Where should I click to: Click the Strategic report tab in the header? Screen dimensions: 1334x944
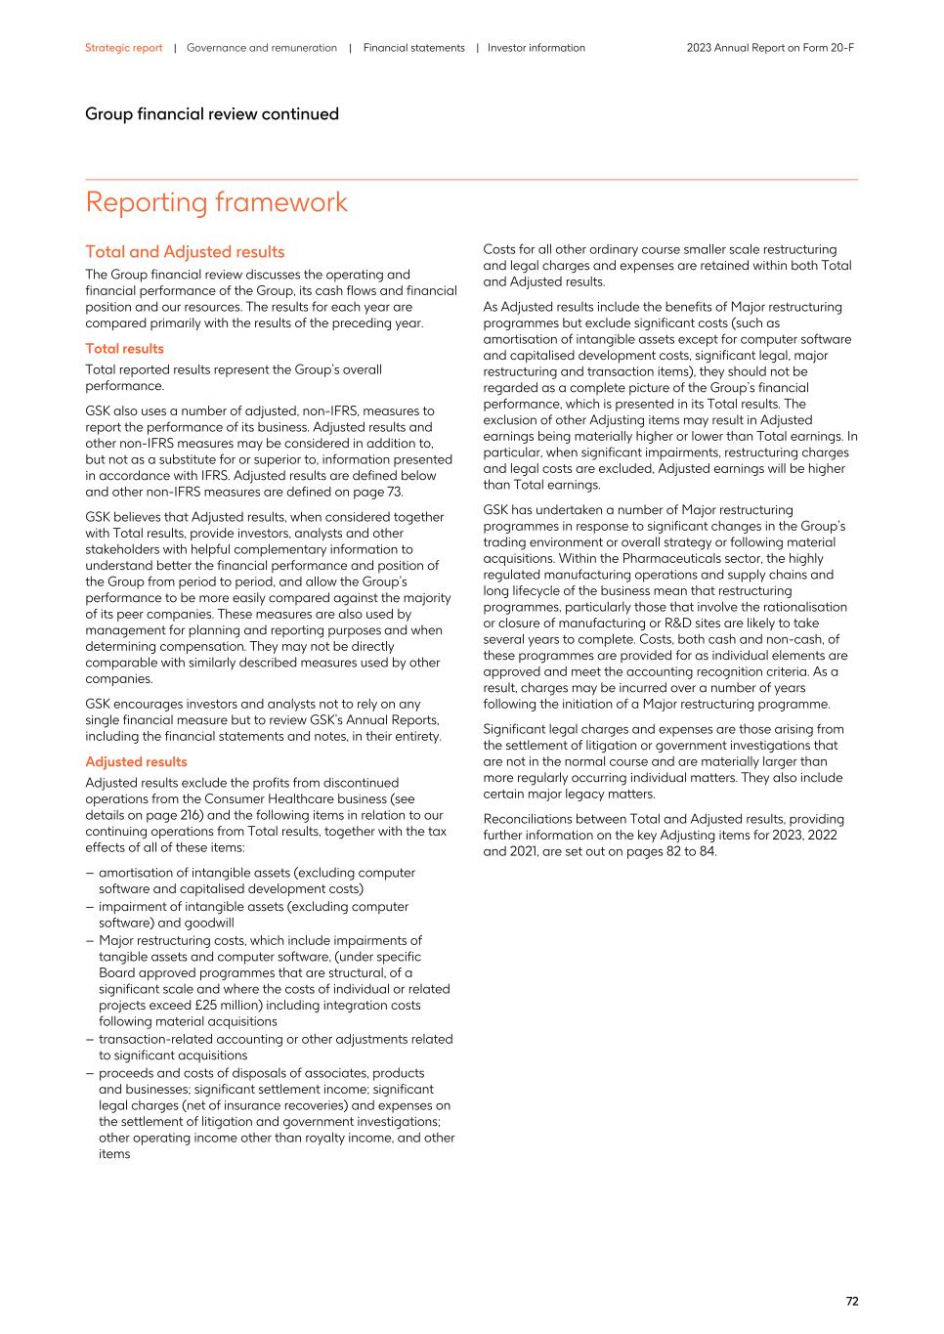coord(123,48)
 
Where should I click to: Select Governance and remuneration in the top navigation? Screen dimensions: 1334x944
coord(261,48)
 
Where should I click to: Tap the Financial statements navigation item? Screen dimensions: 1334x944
coord(413,48)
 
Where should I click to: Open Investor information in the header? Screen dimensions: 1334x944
coord(536,48)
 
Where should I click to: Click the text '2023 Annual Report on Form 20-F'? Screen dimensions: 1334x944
coord(770,48)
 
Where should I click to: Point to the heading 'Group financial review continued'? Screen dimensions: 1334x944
coord(211,114)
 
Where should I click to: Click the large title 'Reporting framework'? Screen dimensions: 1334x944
coord(216,202)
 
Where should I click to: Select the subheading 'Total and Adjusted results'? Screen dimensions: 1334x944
coord(185,252)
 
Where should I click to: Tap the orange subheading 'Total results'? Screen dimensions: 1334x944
coord(124,349)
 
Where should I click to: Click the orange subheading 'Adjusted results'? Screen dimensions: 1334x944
coord(136,762)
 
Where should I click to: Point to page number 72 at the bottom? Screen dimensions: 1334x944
coord(851,1301)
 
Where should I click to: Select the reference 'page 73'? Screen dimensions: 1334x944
coord(375,492)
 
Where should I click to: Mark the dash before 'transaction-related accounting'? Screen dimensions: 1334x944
coord(89,1040)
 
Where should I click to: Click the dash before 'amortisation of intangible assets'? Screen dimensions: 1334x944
coord(89,873)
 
